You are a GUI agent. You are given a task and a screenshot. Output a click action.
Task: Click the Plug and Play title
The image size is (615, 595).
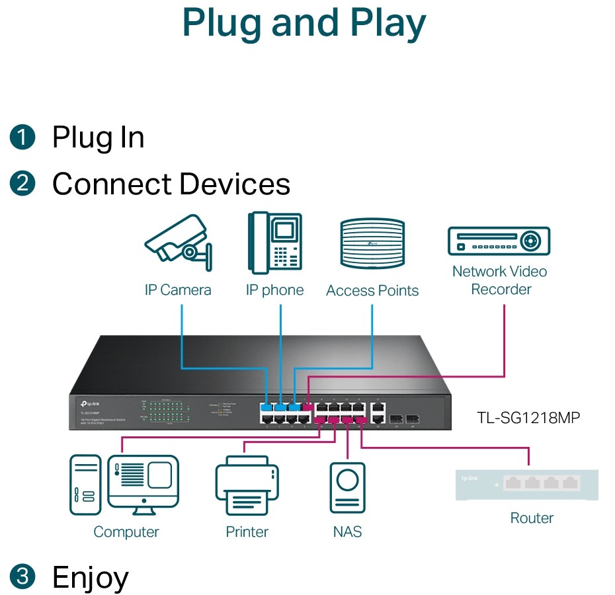[x=304, y=23]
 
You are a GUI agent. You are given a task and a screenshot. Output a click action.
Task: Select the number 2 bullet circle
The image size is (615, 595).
[x=22, y=183]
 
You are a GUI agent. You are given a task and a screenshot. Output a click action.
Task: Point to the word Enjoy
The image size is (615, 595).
[x=91, y=576]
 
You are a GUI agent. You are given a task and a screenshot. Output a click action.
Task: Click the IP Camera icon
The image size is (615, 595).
[x=178, y=243]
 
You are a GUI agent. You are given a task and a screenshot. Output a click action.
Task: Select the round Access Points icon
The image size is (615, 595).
[x=372, y=243]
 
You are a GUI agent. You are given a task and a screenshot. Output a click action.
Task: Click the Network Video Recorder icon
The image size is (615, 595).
[x=499, y=241]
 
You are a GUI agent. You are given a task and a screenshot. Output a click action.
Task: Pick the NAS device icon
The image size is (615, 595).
[x=347, y=487]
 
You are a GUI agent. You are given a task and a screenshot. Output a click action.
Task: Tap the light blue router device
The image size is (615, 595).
[x=526, y=484]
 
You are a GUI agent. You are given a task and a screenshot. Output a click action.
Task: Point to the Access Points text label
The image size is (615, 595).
[x=372, y=291]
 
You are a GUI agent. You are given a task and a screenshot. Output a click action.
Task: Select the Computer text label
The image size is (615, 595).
[x=126, y=532]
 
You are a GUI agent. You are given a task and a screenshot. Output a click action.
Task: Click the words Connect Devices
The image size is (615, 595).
[x=171, y=184]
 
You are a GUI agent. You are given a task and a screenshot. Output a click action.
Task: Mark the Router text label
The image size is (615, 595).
[x=532, y=518]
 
